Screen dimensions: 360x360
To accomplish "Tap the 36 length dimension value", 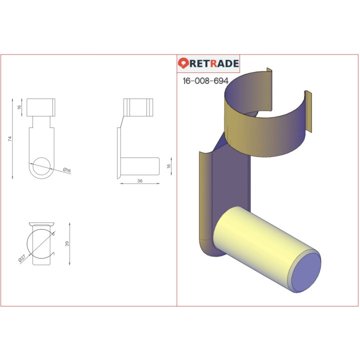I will click(140, 181).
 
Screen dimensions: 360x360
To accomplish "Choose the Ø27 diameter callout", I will click(22, 258).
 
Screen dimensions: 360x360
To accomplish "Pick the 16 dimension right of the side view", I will click(168, 165).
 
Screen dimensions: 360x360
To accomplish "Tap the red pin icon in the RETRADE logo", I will click(183, 63).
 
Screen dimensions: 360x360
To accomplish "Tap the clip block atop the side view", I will click(137, 107).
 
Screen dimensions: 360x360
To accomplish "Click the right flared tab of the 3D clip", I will click(308, 112).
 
